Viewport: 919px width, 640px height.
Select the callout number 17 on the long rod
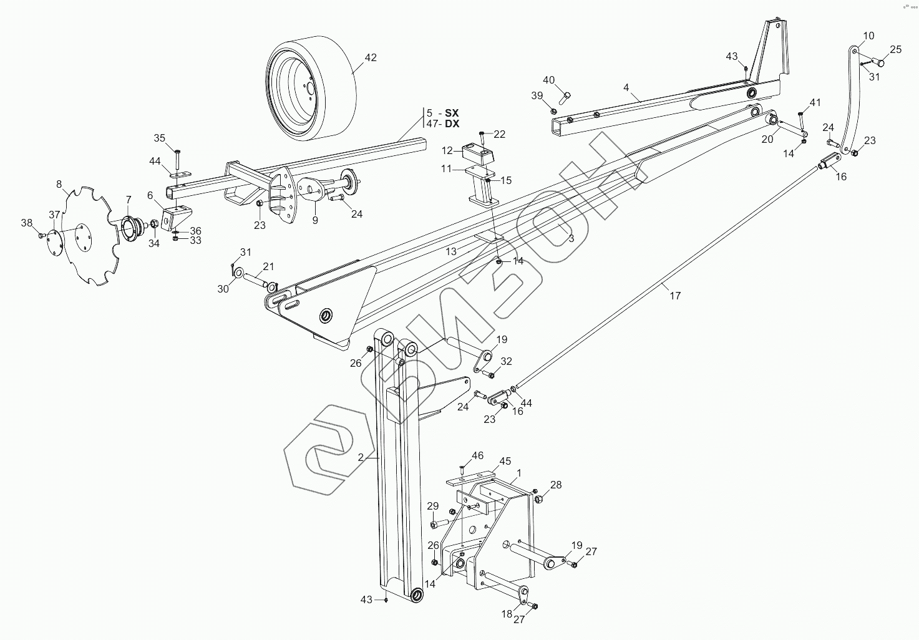[x=675, y=296]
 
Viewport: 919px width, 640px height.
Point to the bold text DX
[x=452, y=124]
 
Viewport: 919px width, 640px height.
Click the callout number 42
[x=371, y=58]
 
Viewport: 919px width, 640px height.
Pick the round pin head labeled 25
[x=879, y=62]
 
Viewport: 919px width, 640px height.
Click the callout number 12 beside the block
[x=447, y=150]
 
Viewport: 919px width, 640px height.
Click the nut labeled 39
[x=553, y=110]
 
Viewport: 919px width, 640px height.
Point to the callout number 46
[x=477, y=455]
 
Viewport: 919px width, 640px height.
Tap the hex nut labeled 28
[x=540, y=499]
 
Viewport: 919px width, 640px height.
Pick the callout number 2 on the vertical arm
[x=361, y=457]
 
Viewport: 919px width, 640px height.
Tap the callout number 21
[x=268, y=267]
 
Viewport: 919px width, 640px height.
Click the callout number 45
[x=505, y=461]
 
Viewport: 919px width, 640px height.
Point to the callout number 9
[x=315, y=220]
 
